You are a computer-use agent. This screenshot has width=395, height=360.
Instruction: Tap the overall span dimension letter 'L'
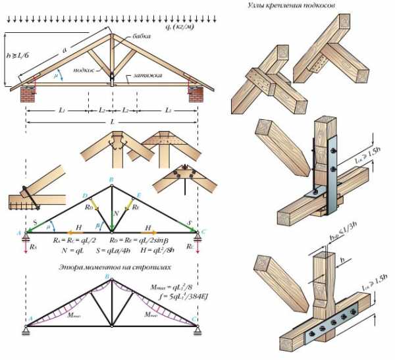[x=112, y=123]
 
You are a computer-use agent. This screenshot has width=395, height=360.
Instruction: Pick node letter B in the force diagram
[x=111, y=179]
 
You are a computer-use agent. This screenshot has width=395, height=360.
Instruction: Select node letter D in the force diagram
[x=85, y=195]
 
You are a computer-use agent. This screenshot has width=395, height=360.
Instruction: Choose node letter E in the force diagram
[x=138, y=195]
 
